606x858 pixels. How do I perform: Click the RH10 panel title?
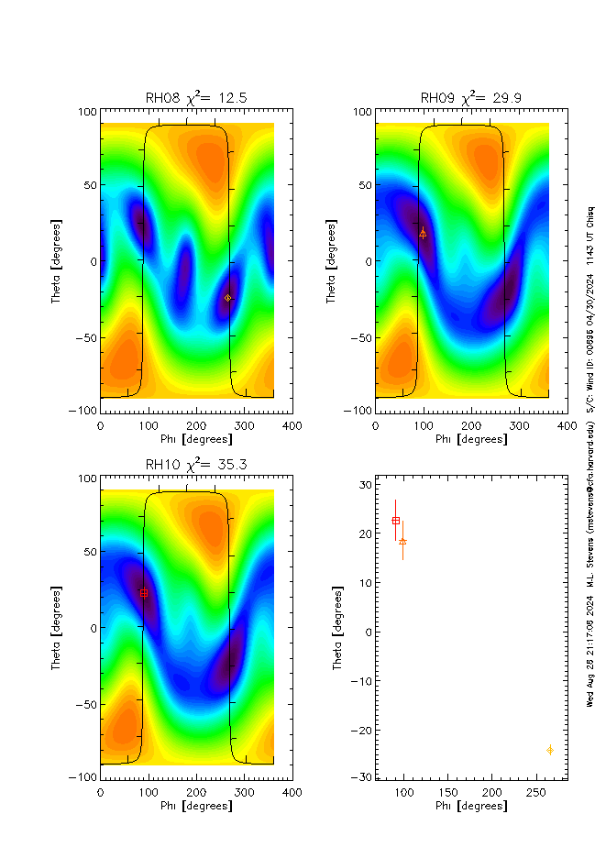point(196,465)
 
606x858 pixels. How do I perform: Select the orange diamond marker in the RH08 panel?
point(228,298)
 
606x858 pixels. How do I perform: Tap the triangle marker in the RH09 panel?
point(423,234)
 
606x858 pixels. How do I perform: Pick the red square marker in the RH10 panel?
point(144,593)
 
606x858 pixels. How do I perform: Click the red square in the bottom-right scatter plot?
point(396,521)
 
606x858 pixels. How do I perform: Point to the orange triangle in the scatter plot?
point(402,541)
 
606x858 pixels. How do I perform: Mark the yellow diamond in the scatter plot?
point(550,750)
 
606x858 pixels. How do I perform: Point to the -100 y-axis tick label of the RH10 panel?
point(83,777)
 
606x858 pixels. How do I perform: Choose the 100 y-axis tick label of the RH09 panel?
point(360,112)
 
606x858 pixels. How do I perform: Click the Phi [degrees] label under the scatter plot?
point(471,806)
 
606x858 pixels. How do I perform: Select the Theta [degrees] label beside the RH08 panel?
point(56,261)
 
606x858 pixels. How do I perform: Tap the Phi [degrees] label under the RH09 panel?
point(471,439)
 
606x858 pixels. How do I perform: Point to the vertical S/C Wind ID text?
point(591,302)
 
